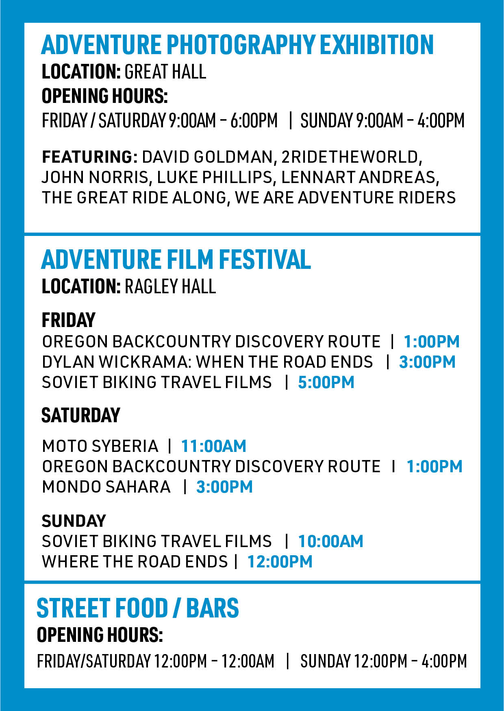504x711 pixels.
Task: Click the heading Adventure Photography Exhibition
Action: coord(237,44)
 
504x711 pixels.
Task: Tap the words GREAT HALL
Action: coord(165,72)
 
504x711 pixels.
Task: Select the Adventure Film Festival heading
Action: coord(176,260)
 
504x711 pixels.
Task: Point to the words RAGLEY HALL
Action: coord(170,286)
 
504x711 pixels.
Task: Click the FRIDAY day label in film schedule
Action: coord(68,320)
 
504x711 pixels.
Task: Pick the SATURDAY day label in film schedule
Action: coord(81,415)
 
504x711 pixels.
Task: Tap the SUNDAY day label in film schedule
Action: coord(74,521)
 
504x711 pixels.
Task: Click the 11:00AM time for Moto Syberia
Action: coord(213,446)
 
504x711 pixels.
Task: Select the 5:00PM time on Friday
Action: coord(326,382)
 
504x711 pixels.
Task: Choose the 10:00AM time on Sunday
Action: coord(330,541)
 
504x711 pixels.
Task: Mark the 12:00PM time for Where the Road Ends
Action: coord(280,562)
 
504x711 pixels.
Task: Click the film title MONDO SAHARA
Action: coord(106,487)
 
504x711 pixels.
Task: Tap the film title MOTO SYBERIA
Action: coord(100,446)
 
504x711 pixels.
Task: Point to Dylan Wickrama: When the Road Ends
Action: coord(207,362)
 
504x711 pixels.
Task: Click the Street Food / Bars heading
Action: coord(138,608)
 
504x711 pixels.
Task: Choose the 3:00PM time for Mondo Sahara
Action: coord(224,487)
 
